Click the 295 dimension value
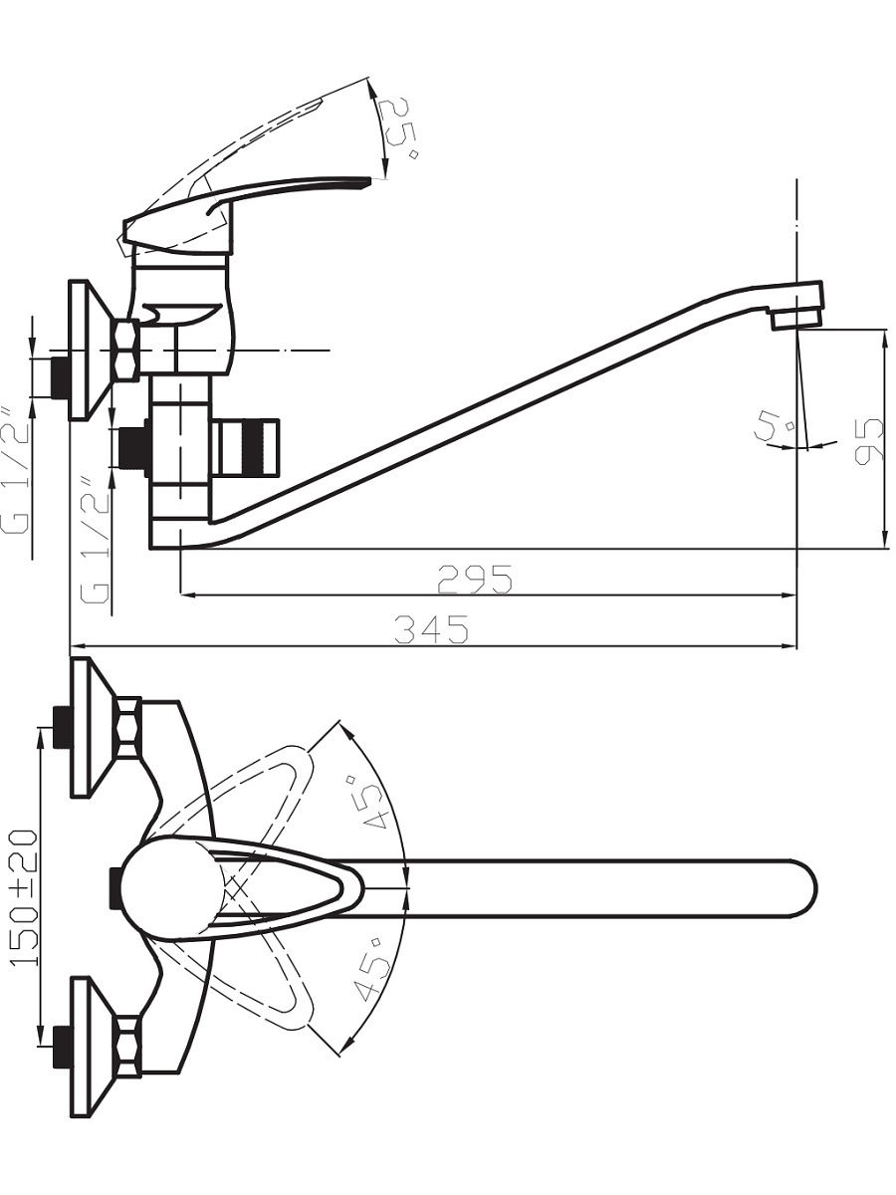pyautogui.click(x=475, y=579)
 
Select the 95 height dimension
pyautogui.click(x=867, y=440)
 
